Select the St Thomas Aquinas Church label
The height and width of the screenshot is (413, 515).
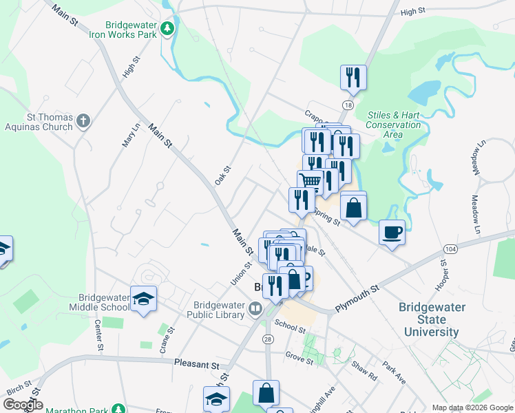(x=39, y=122)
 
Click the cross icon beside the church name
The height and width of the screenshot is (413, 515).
(x=83, y=122)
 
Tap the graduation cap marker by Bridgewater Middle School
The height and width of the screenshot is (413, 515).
(x=144, y=299)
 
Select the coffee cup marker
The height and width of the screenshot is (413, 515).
(x=392, y=232)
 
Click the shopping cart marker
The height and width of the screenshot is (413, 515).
(x=311, y=182)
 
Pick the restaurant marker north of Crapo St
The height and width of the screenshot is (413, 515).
(x=353, y=76)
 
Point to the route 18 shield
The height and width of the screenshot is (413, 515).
(x=349, y=104)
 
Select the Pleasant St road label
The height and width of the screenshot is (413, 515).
(x=196, y=364)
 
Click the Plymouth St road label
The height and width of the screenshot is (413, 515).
(x=357, y=298)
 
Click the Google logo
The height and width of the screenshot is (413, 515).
(x=22, y=405)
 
